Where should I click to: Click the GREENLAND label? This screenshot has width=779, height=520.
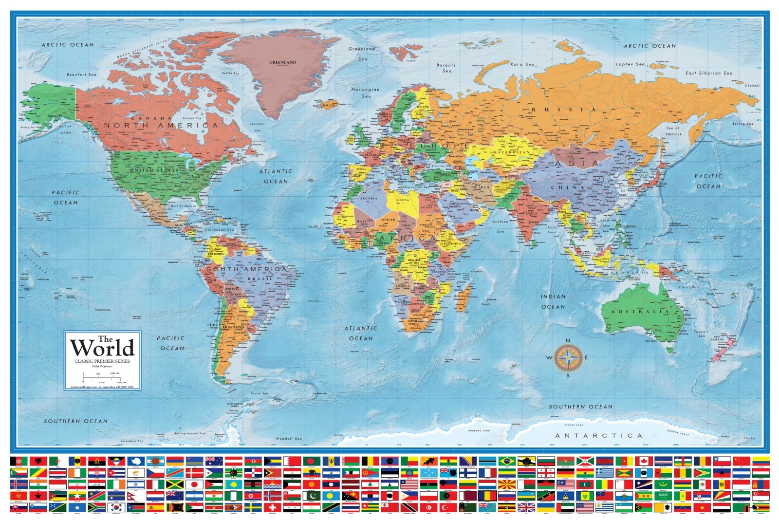coord(282,62)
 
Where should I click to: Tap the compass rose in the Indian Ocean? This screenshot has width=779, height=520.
coord(568,358)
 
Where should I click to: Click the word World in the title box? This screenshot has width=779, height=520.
coord(102,348)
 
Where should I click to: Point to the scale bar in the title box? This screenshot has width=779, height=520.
coord(102,378)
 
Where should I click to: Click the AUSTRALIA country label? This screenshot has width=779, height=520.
coord(640,312)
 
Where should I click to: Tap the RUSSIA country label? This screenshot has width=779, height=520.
coord(563,110)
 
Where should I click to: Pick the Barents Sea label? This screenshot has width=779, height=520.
coord(446,68)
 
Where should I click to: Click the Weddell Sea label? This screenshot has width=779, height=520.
coord(289,439)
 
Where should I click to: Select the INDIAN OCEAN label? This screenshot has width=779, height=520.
coord(553,301)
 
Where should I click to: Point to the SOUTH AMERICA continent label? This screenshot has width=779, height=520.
coord(247,269)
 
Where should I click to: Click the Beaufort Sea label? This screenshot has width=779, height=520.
coord(81,74)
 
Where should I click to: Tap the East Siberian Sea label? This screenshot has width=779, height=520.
coord(708,73)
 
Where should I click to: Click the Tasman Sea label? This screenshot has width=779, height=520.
coord(701,334)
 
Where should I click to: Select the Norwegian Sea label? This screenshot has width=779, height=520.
coord(366,93)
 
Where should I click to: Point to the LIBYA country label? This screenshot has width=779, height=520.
coord(403,200)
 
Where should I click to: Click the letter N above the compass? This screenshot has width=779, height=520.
coord(568,341)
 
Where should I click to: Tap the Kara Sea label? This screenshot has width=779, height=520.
coord(522,64)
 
